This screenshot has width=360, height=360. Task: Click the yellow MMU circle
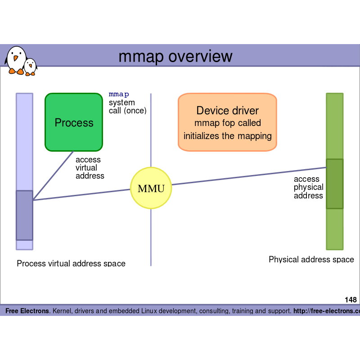[151, 188]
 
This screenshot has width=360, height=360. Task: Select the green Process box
[74, 122]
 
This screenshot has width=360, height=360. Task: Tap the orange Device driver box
[227, 122]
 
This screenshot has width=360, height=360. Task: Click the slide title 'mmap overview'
[175, 57]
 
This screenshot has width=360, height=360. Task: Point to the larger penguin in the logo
[16, 59]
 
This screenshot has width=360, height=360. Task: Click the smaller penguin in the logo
[30, 67]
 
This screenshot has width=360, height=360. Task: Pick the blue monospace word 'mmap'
[119, 94]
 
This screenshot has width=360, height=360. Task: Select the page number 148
[351, 300]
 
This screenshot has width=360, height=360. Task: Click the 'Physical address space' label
[311, 260]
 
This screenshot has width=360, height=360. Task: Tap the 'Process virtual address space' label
[71, 263]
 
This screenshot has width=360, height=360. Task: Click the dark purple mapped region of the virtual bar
[24, 215]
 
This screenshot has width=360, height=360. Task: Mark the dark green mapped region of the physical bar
[334, 184]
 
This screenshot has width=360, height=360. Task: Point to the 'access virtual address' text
[90, 168]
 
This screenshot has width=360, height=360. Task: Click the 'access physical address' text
[308, 187]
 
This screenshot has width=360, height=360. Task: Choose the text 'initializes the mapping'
[227, 135]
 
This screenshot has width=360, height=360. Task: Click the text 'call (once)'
[128, 111]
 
